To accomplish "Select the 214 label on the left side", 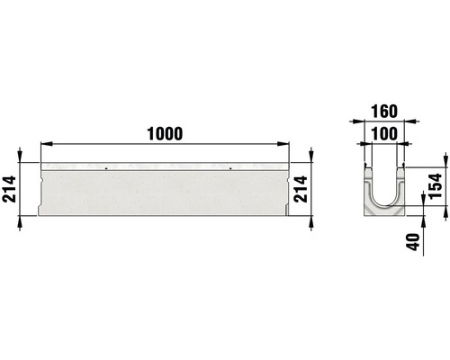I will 11,190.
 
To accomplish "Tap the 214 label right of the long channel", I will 303,190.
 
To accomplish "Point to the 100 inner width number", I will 382,134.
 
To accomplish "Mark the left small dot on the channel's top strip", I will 106,168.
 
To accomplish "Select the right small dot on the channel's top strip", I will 230,168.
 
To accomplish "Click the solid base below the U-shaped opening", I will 382,211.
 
